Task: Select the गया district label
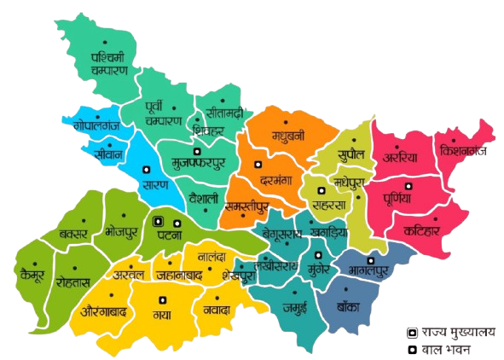tap(161, 314)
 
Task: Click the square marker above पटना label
tap(159, 221)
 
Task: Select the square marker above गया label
tap(161, 299)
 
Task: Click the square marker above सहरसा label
tap(322, 191)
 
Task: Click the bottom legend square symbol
tap(411, 350)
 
